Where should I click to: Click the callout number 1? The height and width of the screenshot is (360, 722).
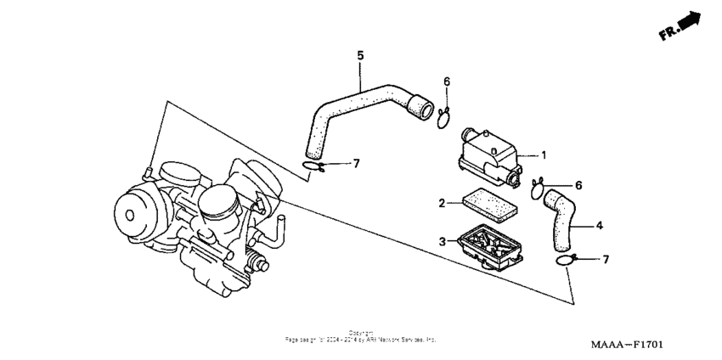544,155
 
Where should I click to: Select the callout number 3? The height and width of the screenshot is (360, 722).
443,242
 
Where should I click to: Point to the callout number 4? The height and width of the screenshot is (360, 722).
599,226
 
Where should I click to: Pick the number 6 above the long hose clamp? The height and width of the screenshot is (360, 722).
447,82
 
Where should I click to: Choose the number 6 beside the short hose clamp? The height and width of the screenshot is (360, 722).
578,185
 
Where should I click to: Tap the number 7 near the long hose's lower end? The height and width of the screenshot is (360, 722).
357,162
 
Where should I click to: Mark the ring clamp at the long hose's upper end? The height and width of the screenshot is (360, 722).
443,118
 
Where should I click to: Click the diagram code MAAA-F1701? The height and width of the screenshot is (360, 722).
627,346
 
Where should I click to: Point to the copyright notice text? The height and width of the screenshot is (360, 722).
360,336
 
